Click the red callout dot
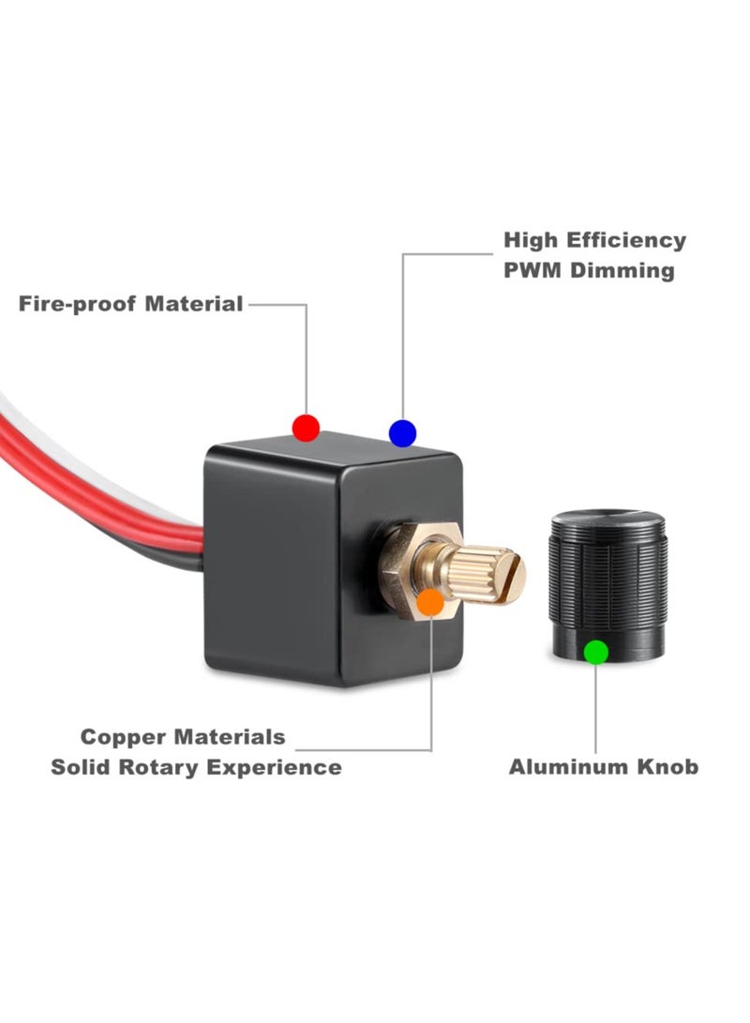click(306, 428)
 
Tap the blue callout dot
click(402, 432)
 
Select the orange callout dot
click(430, 602)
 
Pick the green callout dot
click(595, 651)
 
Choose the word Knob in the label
click(667, 767)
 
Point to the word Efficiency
click(626, 240)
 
